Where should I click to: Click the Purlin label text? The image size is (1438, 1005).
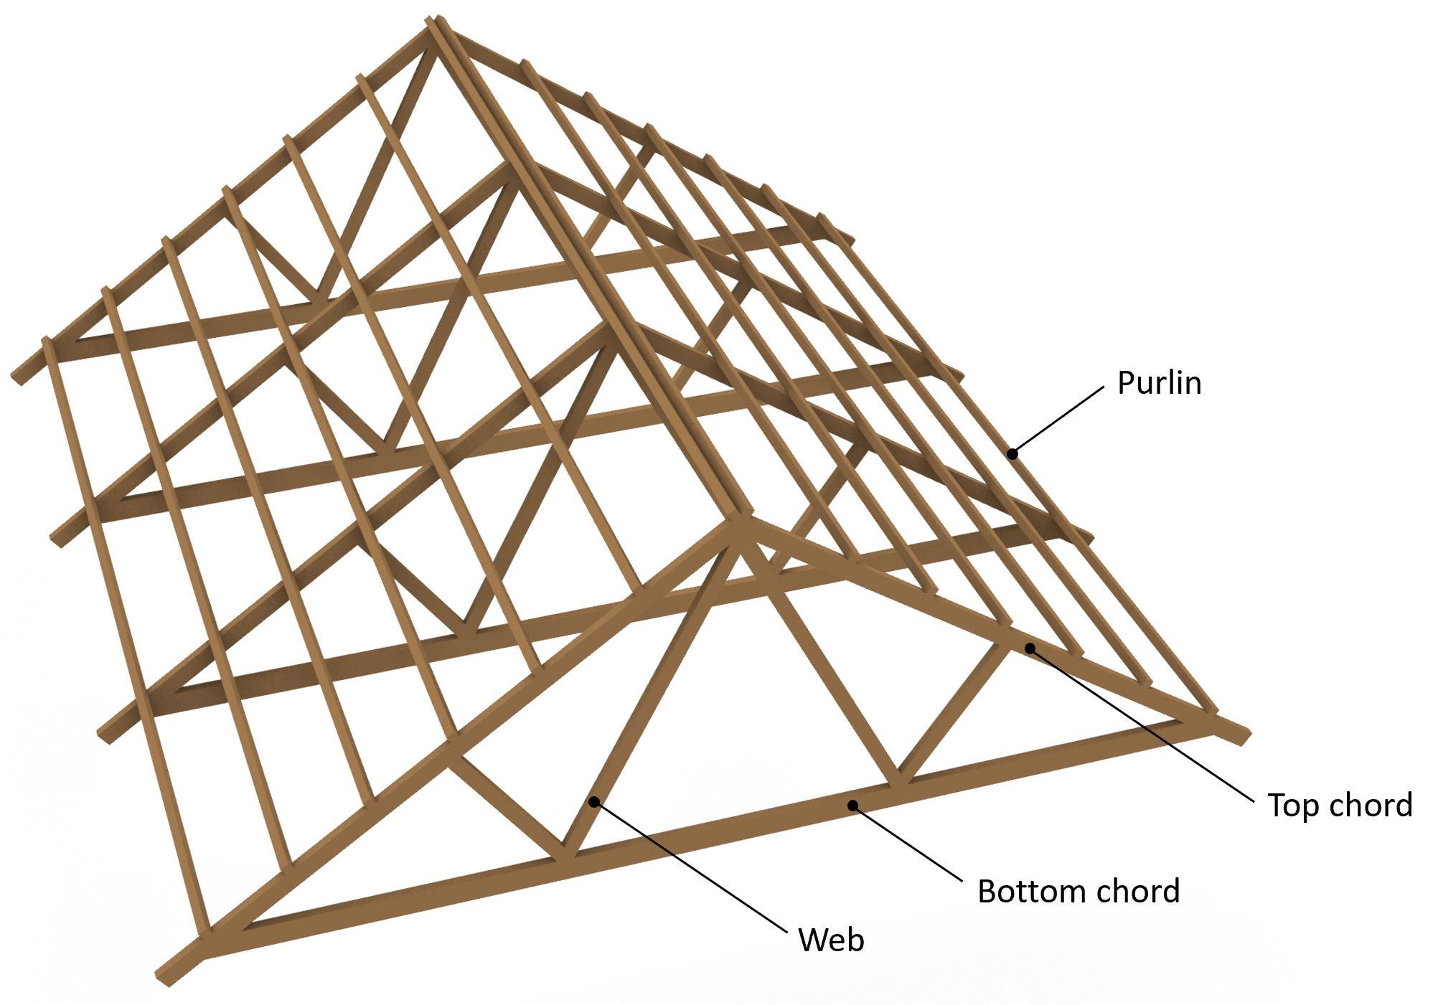coord(1159,383)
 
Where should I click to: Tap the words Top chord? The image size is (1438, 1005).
coord(1340,805)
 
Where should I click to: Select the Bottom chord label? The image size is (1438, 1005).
coord(1078,891)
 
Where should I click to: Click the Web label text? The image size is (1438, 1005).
coord(831,939)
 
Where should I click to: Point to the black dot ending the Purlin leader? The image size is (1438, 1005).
coord(1012,453)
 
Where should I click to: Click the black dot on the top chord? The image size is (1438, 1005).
coord(1030,648)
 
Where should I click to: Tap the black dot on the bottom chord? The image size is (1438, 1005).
coord(853,805)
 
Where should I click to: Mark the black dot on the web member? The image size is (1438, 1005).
coord(594,801)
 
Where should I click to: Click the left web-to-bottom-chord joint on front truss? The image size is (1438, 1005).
coord(565,854)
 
